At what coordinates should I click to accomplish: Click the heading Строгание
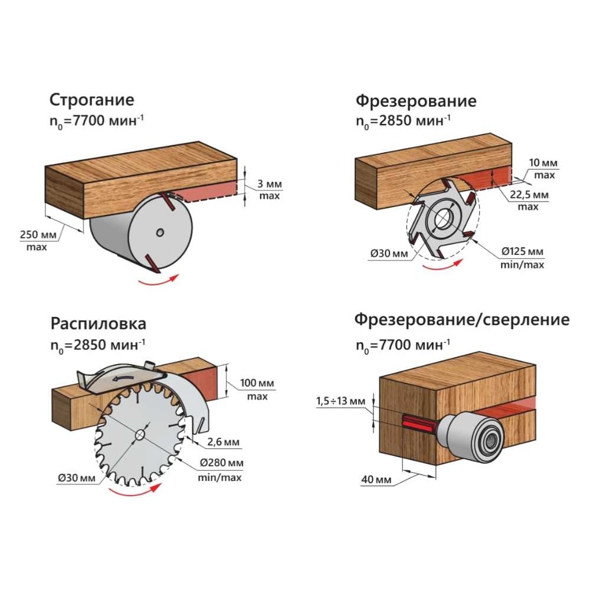coord(91,99)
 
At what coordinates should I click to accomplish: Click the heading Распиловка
coord(98,324)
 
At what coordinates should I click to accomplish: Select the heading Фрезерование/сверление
coord(462,320)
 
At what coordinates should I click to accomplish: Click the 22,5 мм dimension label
coord(528,195)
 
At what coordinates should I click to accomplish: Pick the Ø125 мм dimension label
coord(523,252)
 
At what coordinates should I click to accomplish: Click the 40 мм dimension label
coord(375,480)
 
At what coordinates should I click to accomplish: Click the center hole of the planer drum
coord(160,232)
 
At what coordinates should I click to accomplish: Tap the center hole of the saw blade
coord(140,434)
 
